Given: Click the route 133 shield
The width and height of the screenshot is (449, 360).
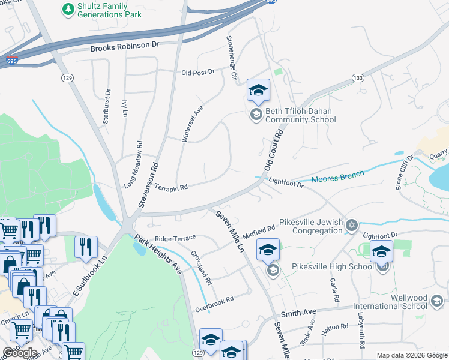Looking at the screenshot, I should pyautogui.click(x=358, y=78).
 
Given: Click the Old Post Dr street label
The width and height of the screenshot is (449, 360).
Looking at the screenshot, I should pyautogui.click(x=197, y=72).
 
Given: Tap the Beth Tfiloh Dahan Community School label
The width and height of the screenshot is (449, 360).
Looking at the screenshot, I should pyautogui.click(x=293, y=115).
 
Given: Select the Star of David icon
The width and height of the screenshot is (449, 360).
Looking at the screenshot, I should pyautogui.click(x=352, y=226).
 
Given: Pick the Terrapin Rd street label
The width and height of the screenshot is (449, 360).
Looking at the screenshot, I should pyautogui.click(x=172, y=187).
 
